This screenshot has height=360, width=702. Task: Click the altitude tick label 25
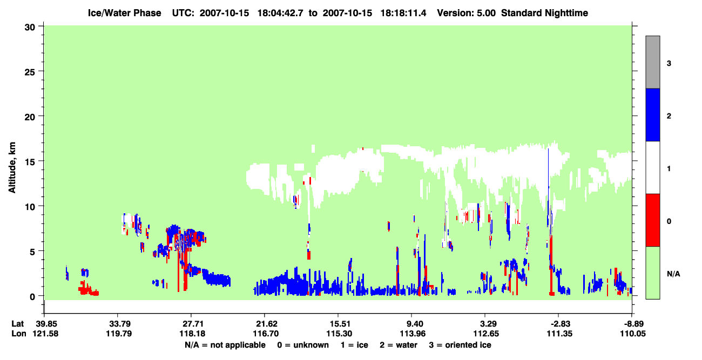pyautogui.click(x=30, y=72)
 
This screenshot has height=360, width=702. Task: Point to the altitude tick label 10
pyautogui.click(x=30, y=207)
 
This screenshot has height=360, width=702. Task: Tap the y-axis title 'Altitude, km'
pyautogui.click(x=12, y=168)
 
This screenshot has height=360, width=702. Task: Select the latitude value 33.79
pyautogui.click(x=118, y=323)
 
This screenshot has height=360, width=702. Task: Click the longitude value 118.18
pyautogui.click(x=192, y=334)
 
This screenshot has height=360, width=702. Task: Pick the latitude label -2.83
pyautogui.click(x=559, y=323)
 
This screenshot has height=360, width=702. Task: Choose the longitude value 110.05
pyautogui.click(x=633, y=334)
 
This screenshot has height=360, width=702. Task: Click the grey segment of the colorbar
pyautogui.click(x=653, y=62)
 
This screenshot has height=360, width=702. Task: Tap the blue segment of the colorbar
pyautogui.click(x=653, y=114)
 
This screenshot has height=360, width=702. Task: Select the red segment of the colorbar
pyautogui.click(x=653, y=220)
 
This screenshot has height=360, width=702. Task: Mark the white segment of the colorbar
pyautogui.click(x=653, y=168)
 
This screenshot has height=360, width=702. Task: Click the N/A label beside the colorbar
pyautogui.click(x=673, y=274)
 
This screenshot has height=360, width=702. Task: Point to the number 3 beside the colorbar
pyautogui.click(x=669, y=64)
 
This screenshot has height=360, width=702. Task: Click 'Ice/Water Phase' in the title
pyautogui.click(x=124, y=13)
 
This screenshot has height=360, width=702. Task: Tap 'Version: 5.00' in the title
pyautogui.click(x=467, y=13)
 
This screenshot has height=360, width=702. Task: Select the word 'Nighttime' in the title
pyautogui.click(x=566, y=13)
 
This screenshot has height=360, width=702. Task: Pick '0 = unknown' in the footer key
pyautogui.click(x=303, y=345)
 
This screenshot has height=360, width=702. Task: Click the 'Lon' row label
pyautogui.click(x=19, y=334)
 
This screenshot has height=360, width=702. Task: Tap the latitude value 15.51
pyautogui.click(x=339, y=323)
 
